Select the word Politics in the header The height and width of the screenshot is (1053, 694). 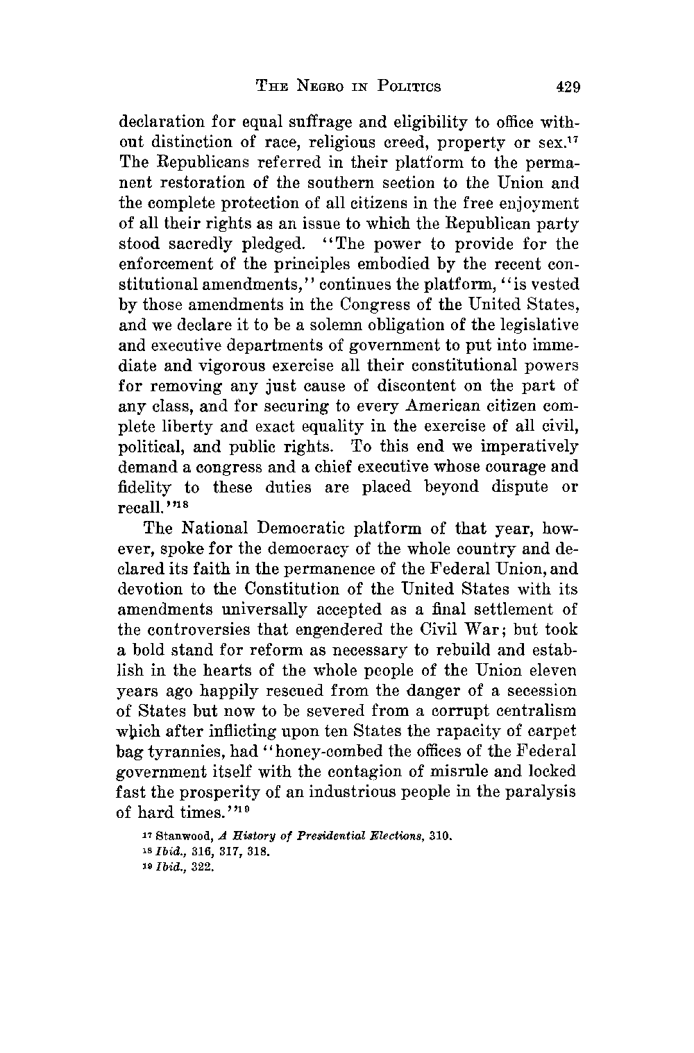(x=409, y=87)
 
